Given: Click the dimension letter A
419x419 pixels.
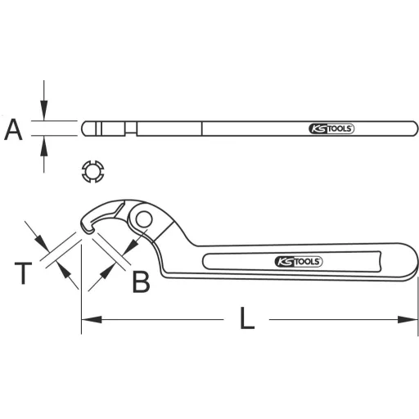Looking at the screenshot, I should [13, 128].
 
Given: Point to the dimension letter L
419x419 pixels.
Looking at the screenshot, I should [246, 318].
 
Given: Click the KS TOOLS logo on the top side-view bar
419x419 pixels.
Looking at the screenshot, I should [332, 129].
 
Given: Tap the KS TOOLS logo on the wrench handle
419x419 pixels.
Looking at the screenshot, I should [299, 262].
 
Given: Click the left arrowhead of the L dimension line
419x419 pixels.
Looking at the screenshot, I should [87, 318].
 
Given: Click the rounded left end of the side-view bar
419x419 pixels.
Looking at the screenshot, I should [85, 128].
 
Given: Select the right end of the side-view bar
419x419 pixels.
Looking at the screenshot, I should [407, 129].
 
